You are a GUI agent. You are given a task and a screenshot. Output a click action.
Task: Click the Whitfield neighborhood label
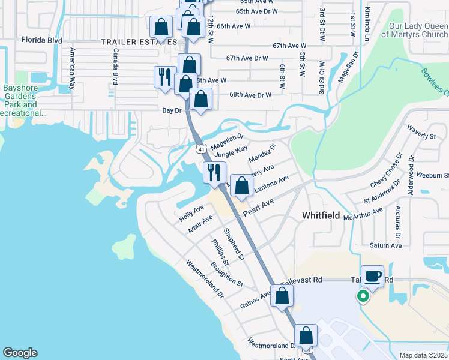point(321,215)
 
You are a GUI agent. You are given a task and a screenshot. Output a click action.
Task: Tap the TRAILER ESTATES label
point(139,42)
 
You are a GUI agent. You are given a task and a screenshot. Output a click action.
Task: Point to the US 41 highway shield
point(200,148)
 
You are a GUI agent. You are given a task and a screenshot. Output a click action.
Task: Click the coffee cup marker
point(373,277)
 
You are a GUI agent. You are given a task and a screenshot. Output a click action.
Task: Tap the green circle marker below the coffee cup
point(363,296)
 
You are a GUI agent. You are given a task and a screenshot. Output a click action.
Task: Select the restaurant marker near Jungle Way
point(214,173)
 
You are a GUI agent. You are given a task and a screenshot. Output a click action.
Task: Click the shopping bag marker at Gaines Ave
point(282,296)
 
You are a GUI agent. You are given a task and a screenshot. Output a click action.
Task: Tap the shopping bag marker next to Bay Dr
point(200,99)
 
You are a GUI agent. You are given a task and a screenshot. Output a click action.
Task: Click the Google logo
point(20,353)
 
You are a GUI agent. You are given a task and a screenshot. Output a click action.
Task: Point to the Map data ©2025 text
point(423,355)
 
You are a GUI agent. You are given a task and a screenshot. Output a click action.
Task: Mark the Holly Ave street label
point(191,213)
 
